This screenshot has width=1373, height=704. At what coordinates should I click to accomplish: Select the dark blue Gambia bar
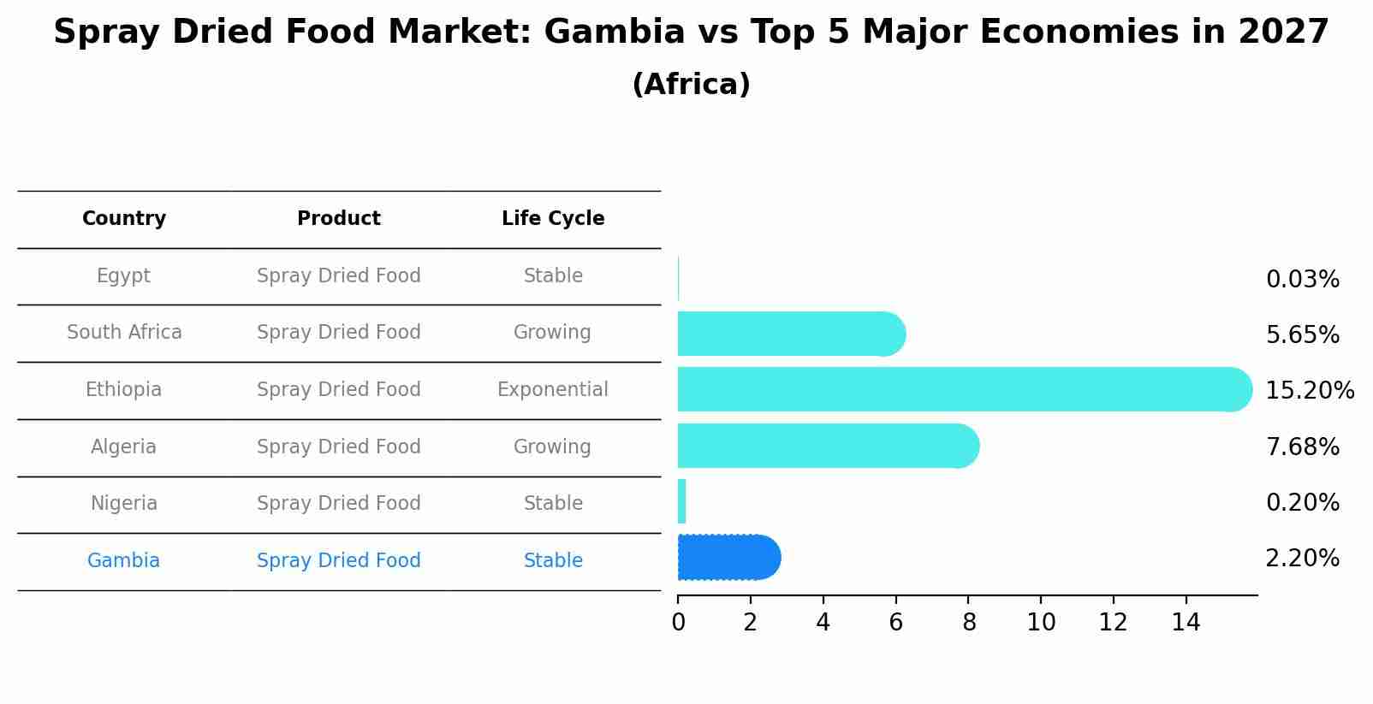click(x=728, y=558)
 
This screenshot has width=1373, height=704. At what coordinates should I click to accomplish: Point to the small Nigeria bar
click(x=682, y=501)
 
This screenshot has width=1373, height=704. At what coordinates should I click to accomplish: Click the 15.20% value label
click(x=1309, y=391)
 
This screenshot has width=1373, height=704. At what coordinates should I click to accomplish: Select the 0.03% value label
click(x=1302, y=280)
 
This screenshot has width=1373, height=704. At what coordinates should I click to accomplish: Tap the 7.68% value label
click(x=1302, y=447)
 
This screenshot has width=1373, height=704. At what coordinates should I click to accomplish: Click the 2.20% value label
click(x=1302, y=559)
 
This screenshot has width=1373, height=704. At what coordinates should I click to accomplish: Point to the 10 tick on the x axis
click(x=1041, y=623)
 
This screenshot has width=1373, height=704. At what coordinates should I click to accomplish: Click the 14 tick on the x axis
click(x=1186, y=623)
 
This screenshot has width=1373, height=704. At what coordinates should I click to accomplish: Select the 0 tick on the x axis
click(x=678, y=623)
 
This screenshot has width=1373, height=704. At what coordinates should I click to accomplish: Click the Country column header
click(x=124, y=219)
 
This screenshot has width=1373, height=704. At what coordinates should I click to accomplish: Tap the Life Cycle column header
click(x=553, y=219)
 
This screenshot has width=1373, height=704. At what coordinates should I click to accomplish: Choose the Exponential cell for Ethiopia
click(x=553, y=390)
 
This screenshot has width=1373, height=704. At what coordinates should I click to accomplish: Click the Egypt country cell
click(x=123, y=276)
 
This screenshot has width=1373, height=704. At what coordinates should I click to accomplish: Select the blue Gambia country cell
click(x=123, y=561)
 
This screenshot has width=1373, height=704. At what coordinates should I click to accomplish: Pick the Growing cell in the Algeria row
click(x=552, y=447)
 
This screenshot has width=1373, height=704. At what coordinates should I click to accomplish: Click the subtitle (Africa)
click(x=691, y=85)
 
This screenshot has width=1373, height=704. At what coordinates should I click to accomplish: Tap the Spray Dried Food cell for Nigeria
click(x=339, y=504)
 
